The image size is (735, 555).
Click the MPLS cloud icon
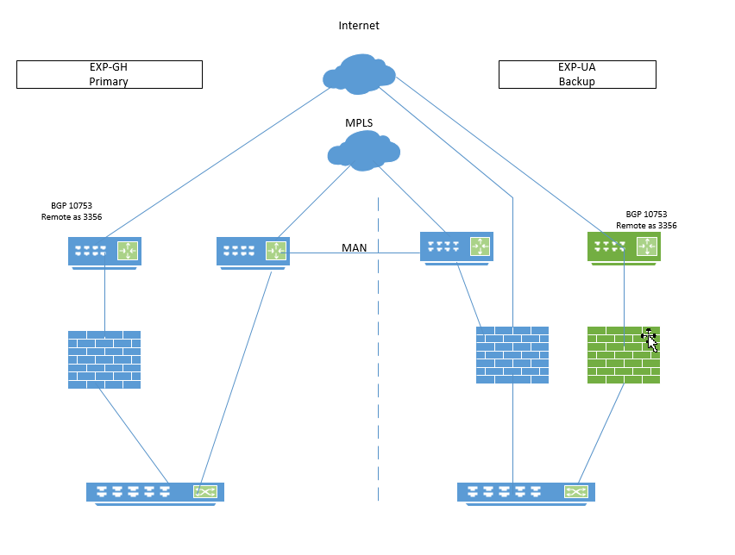click(x=364, y=152)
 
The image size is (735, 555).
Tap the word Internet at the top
click(x=359, y=26)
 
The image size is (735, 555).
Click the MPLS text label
click(x=359, y=123)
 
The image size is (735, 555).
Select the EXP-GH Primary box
click(x=110, y=74)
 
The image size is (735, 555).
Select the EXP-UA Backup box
click(x=576, y=74)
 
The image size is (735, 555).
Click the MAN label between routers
click(x=354, y=247)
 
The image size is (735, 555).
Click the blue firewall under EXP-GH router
click(x=104, y=359)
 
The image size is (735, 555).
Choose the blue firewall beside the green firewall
click(x=512, y=354)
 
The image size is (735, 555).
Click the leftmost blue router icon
click(x=104, y=252)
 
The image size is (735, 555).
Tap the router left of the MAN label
click(x=253, y=252)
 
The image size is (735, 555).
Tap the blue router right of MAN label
click(x=456, y=246)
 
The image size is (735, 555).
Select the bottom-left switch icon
click(x=155, y=492)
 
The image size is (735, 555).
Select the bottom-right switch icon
click(x=525, y=492)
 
